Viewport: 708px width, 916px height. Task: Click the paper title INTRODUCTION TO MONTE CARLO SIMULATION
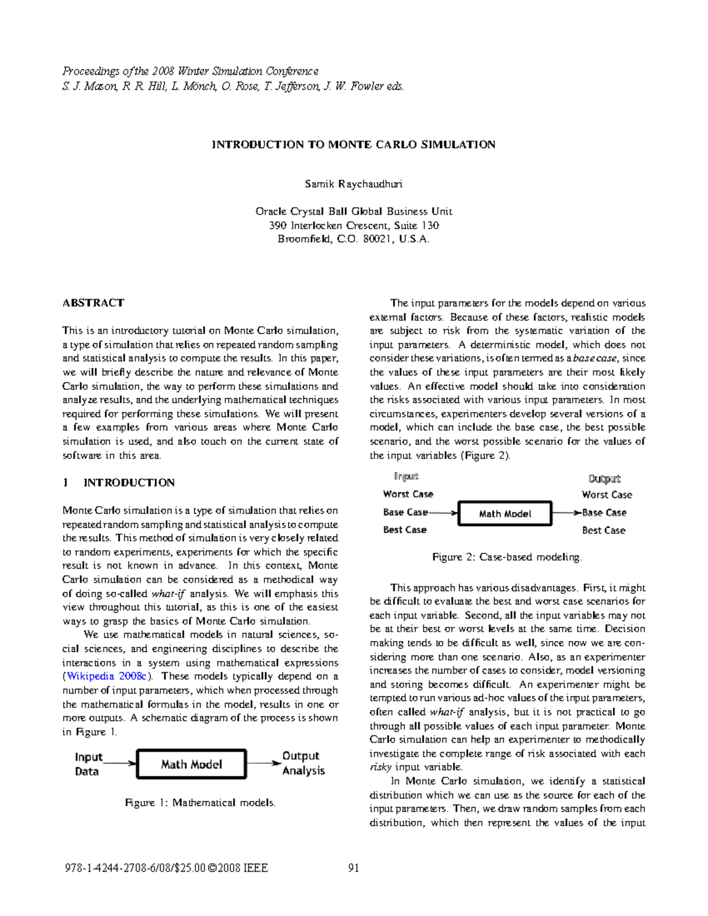pos(353,145)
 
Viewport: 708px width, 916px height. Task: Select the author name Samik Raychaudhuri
pos(353,184)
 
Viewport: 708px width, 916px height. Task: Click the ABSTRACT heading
pos(93,303)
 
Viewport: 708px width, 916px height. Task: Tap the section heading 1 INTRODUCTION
pos(119,483)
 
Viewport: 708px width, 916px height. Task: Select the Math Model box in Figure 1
pos(191,764)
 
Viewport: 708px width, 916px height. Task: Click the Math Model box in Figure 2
pos(505,514)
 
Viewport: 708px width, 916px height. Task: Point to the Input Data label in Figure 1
pos(88,764)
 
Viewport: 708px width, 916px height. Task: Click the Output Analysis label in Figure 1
pos(303,763)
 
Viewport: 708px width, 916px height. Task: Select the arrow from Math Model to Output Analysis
pos(264,763)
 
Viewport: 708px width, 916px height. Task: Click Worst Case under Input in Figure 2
pos(408,494)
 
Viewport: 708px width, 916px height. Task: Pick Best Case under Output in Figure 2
pos(603,530)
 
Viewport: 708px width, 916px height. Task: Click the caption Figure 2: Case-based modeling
pos(507,557)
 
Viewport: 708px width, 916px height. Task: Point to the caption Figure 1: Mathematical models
pos(200,803)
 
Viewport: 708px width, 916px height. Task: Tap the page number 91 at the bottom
pos(354,868)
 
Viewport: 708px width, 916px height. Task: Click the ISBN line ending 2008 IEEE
pos(165,868)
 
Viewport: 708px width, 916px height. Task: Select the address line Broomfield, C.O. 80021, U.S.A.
pos(353,239)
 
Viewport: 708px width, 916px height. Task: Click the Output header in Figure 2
pos(604,479)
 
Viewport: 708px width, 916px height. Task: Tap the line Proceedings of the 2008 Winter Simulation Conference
pos(191,71)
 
